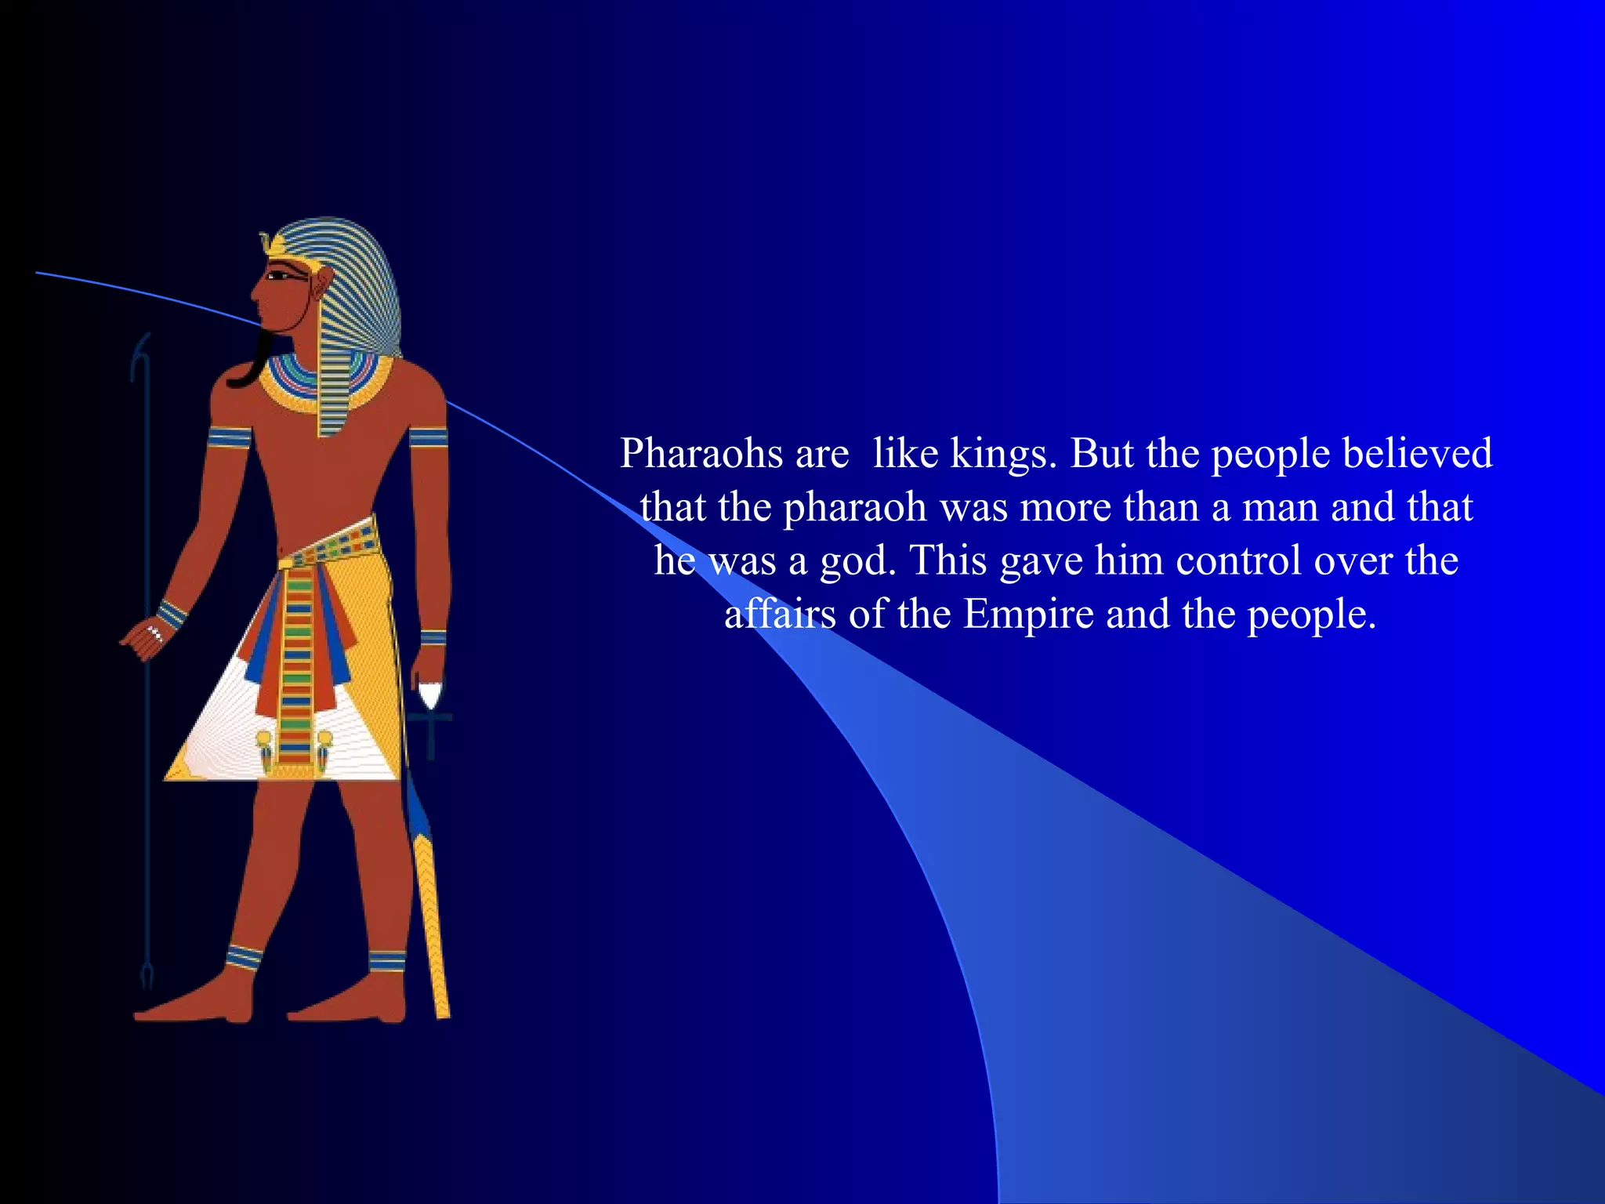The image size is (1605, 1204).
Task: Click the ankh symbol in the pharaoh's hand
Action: coord(430,717)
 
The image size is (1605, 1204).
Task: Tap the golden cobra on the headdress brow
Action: coord(272,243)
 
